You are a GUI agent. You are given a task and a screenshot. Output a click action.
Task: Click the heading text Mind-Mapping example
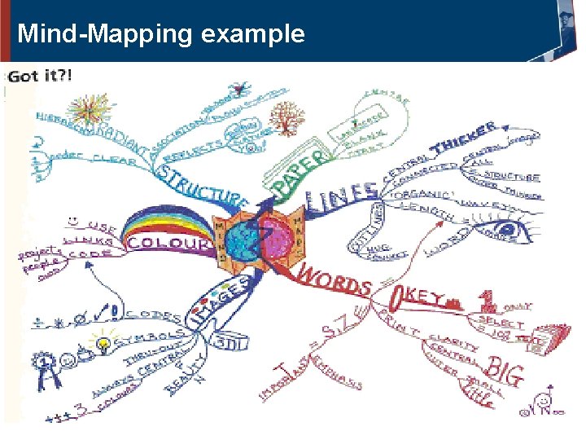click(x=161, y=34)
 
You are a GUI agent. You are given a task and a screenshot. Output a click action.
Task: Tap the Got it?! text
click(x=40, y=76)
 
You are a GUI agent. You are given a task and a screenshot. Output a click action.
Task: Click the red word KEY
click(x=423, y=297)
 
